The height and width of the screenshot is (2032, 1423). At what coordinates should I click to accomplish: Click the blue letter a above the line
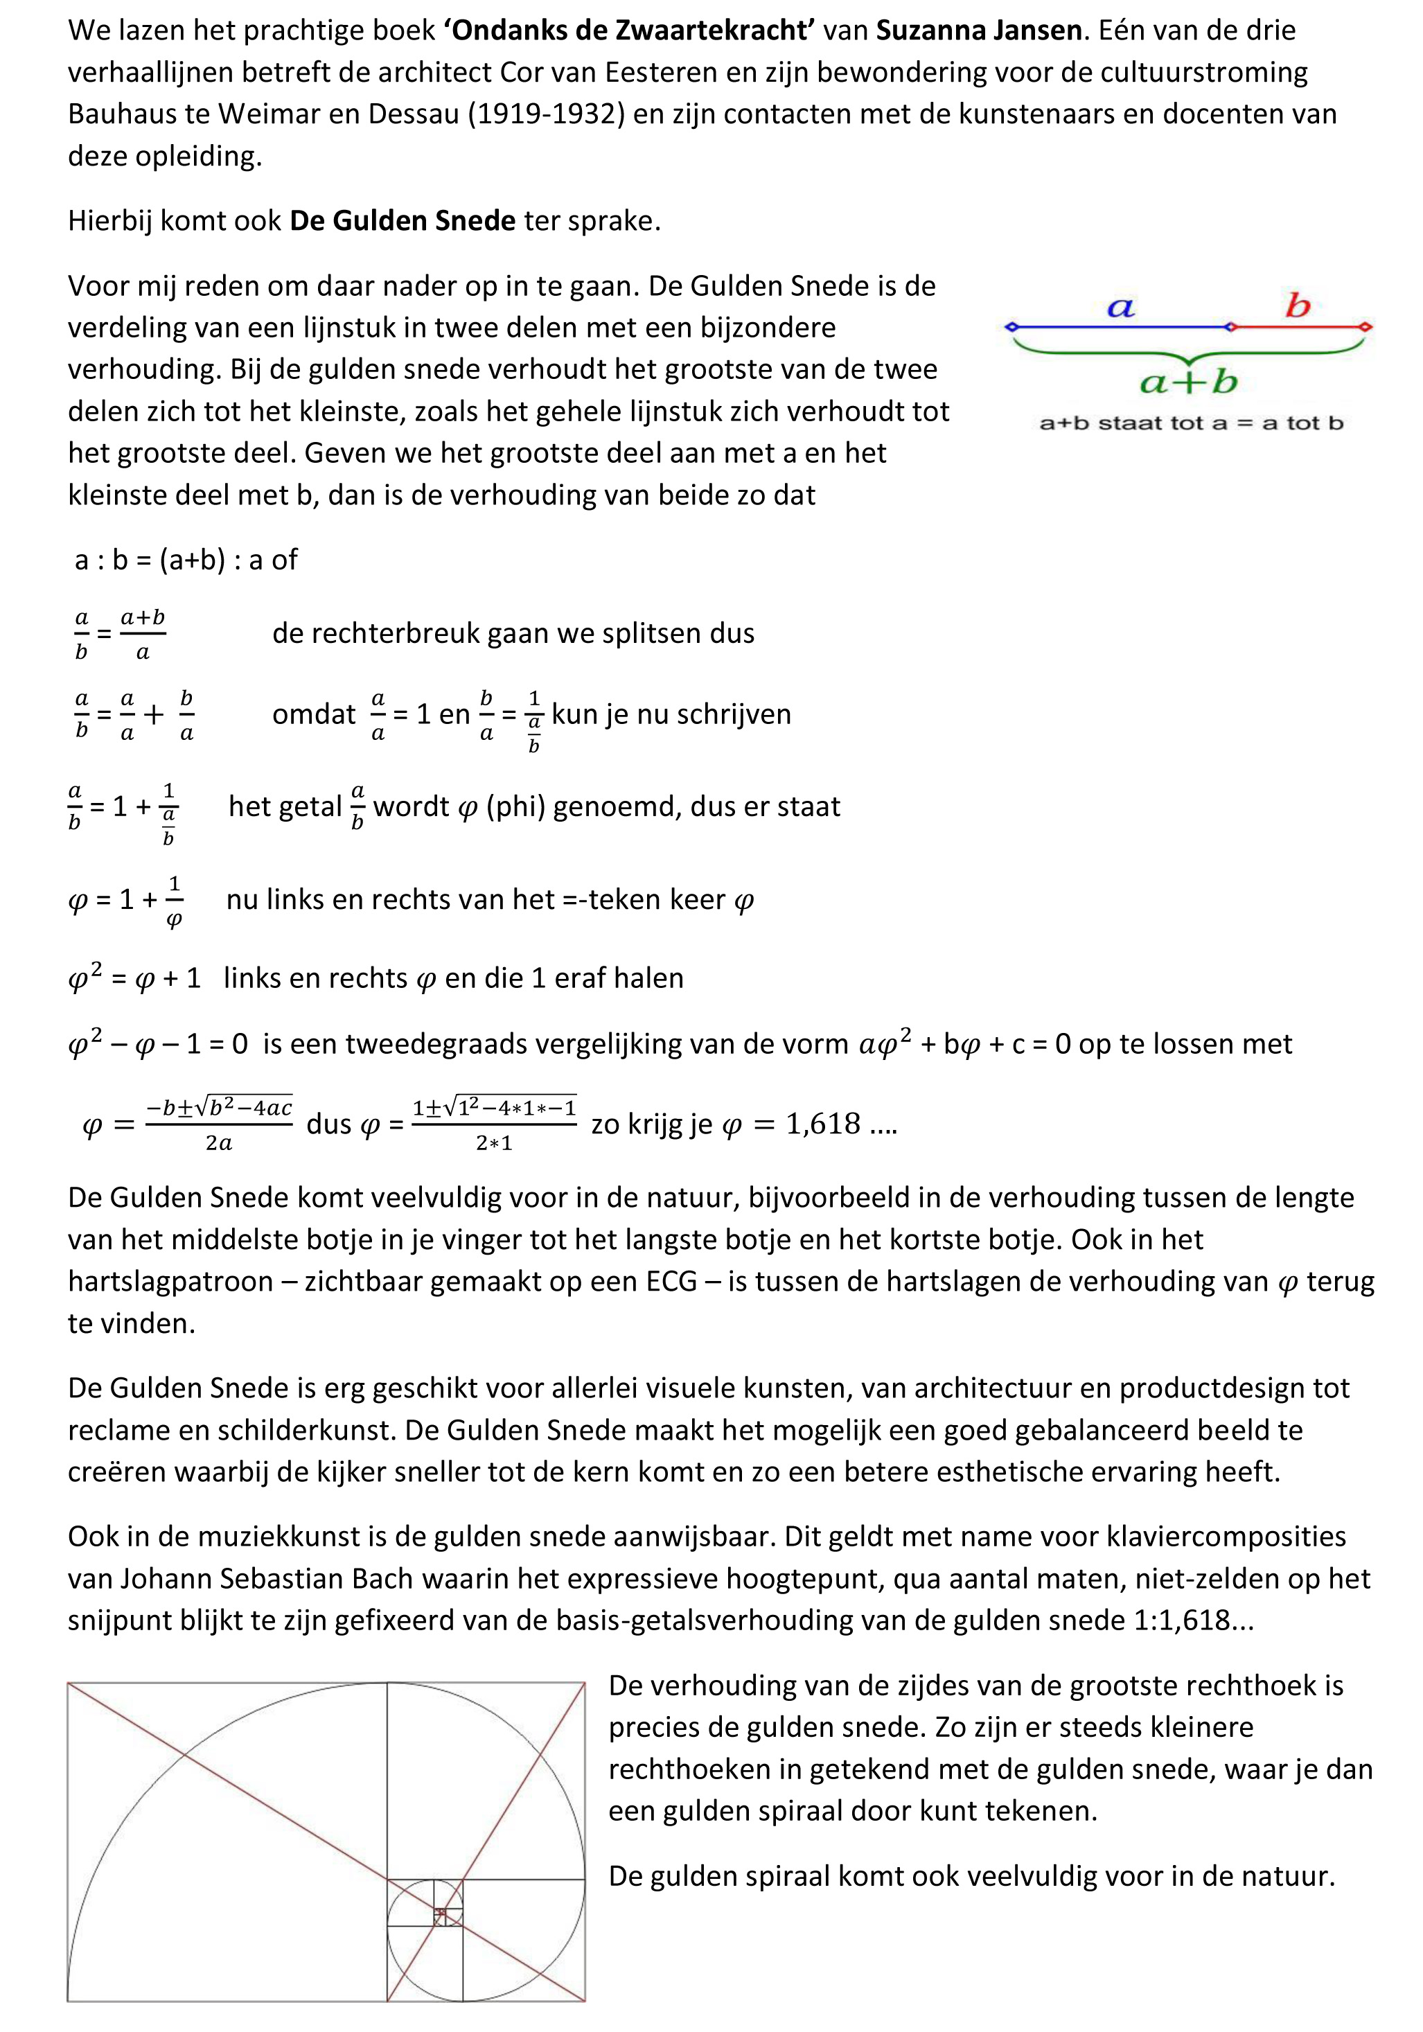coord(1120,307)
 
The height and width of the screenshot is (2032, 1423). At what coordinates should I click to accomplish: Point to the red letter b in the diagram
coord(1298,306)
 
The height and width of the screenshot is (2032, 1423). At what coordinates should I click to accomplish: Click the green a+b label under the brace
coord(1188,382)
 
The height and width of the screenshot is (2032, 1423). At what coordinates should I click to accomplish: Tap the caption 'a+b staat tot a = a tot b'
coord(1191,423)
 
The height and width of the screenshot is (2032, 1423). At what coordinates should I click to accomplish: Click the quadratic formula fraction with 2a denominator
coord(219,1124)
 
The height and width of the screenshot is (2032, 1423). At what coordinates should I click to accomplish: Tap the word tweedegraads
coord(431,1043)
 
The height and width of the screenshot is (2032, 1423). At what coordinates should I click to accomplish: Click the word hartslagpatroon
coord(170,1280)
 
